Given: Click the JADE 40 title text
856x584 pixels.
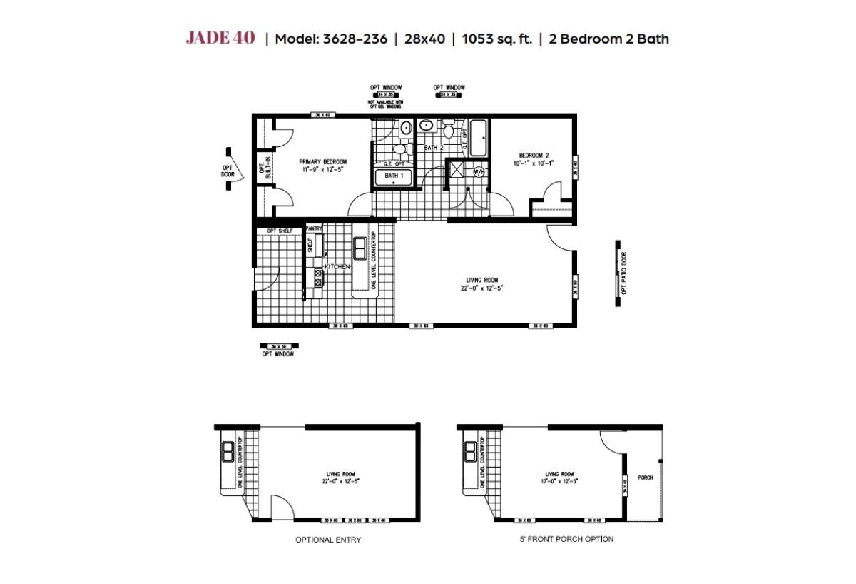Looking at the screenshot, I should coord(220,39).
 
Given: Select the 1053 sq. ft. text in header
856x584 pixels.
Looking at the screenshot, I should coord(496,39).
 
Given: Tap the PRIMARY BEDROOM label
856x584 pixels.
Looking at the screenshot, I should coord(323,162).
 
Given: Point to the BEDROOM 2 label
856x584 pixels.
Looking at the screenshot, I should coord(534,155).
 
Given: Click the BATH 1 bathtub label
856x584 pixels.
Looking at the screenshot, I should coord(394,176).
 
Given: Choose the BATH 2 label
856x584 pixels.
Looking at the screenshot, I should coord(434,147).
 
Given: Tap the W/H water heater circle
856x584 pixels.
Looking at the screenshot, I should coord(478,171).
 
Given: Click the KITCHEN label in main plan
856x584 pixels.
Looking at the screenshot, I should coord(337,266).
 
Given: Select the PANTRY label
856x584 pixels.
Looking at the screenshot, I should coord(315,228).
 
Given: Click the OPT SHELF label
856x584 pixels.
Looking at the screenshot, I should coord(279,231).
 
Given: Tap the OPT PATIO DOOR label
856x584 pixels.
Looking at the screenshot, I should coord(624,273).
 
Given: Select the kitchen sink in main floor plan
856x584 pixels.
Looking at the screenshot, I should coord(360,249).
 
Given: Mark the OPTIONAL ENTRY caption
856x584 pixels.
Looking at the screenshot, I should coord(328,540).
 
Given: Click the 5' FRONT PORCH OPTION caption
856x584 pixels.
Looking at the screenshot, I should coord(566,539).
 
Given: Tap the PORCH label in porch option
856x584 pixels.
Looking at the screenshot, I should coord(645,478).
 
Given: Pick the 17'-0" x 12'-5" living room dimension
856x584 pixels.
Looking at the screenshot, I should coord(559,482).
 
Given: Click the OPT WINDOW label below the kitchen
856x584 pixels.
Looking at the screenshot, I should coord(277,354).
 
